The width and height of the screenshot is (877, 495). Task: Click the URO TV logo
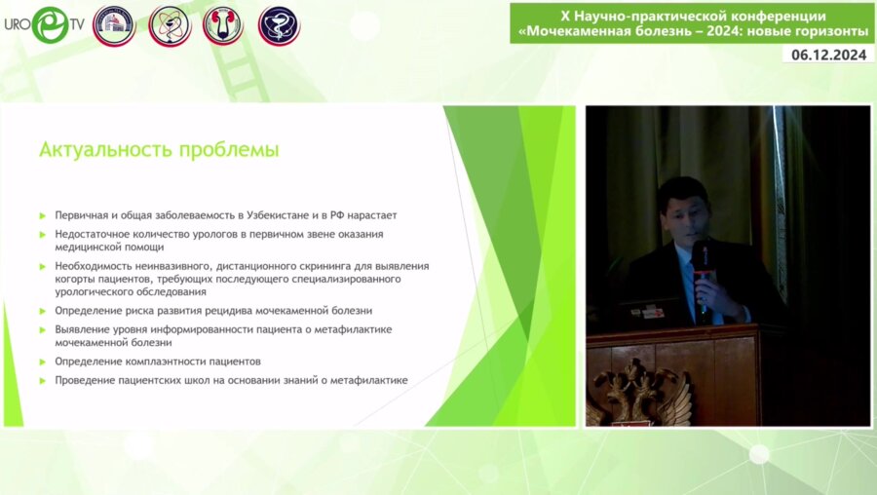click(43, 24)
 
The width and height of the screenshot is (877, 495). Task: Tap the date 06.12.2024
click(828, 56)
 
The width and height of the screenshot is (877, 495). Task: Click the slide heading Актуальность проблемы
click(159, 150)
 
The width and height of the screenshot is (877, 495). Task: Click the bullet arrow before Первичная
click(43, 215)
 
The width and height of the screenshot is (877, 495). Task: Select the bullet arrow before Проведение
click(43, 381)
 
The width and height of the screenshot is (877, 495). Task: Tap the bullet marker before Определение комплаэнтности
click(43, 362)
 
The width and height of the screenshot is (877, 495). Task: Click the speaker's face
click(683, 209)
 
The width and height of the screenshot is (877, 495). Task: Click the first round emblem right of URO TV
click(114, 25)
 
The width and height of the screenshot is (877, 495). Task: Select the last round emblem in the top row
click(279, 25)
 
